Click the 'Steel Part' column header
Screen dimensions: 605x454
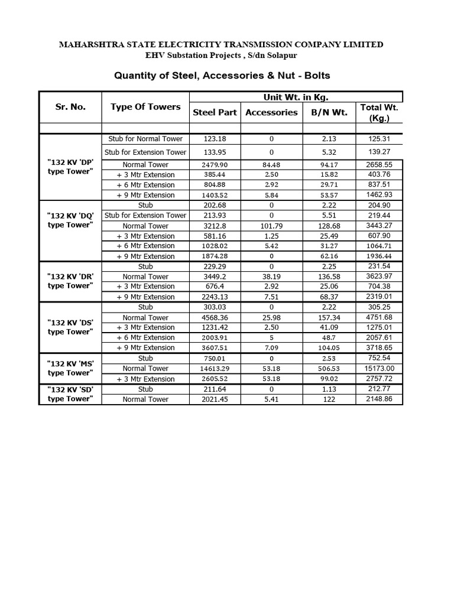[x=215, y=112]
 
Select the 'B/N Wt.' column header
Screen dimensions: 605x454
[x=329, y=112]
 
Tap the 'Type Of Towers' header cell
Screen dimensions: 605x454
[x=145, y=107]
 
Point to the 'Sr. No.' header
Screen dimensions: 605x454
[x=70, y=107]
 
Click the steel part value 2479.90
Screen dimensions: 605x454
[x=215, y=165]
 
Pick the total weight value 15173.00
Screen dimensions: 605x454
[x=379, y=369]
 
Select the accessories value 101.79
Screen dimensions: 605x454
[x=271, y=226]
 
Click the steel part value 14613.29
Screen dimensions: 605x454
[x=215, y=369]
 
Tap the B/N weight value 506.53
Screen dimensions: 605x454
[x=329, y=369]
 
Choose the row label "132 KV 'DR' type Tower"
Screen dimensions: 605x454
[x=70, y=281]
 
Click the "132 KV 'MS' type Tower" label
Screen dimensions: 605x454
[x=70, y=368]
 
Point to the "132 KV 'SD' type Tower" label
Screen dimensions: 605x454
[x=70, y=394]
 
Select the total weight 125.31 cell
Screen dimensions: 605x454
[x=379, y=139]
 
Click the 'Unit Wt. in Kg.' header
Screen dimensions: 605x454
[x=296, y=97]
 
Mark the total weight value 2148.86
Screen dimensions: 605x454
[x=379, y=399]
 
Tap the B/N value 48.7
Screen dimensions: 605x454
[x=329, y=337]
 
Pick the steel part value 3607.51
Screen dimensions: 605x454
[x=215, y=348]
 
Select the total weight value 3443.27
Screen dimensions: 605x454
[x=379, y=226]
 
